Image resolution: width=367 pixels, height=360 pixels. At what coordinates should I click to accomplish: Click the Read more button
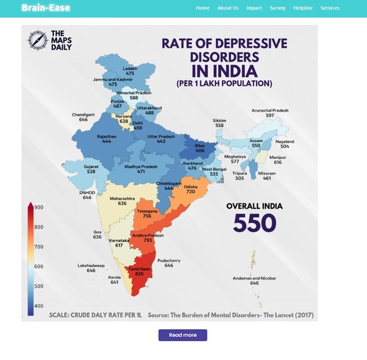tap(183, 335)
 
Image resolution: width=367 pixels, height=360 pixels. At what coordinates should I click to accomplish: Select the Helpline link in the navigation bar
tap(303, 8)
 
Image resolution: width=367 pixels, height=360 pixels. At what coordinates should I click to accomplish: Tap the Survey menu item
tap(278, 8)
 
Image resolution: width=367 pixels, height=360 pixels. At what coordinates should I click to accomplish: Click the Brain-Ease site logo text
tap(46, 8)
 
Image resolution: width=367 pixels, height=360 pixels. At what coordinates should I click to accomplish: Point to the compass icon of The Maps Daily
tap(38, 40)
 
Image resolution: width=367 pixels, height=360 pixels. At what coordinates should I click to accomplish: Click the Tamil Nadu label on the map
tap(140, 269)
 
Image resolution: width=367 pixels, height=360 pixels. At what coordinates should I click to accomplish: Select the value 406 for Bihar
tap(200, 151)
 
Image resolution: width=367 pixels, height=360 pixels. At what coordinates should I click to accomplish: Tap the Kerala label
tap(114, 277)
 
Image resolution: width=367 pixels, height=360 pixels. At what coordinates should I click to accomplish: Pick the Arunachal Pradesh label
tap(270, 110)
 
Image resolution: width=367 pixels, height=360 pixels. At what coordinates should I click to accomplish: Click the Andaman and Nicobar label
tap(255, 278)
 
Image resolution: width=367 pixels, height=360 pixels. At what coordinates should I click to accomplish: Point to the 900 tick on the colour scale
tap(38, 207)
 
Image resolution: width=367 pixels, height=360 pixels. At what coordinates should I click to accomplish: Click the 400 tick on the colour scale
tap(38, 306)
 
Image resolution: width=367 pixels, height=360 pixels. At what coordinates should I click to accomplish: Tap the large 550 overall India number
tap(255, 222)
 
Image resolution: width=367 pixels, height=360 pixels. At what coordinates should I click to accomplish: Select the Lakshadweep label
tap(91, 265)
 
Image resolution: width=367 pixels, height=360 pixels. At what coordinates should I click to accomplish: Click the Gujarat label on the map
tap(91, 166)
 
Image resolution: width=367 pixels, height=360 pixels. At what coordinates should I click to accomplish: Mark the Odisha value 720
tap(190, 192)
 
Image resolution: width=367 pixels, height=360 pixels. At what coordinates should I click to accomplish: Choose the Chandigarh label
tap(84, 114)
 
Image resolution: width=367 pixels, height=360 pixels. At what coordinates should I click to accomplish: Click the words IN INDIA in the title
tap(224, 71)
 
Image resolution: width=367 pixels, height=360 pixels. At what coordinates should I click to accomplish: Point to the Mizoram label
tap(267, 173)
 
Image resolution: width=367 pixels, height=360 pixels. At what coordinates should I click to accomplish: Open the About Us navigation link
tap(227, 8)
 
